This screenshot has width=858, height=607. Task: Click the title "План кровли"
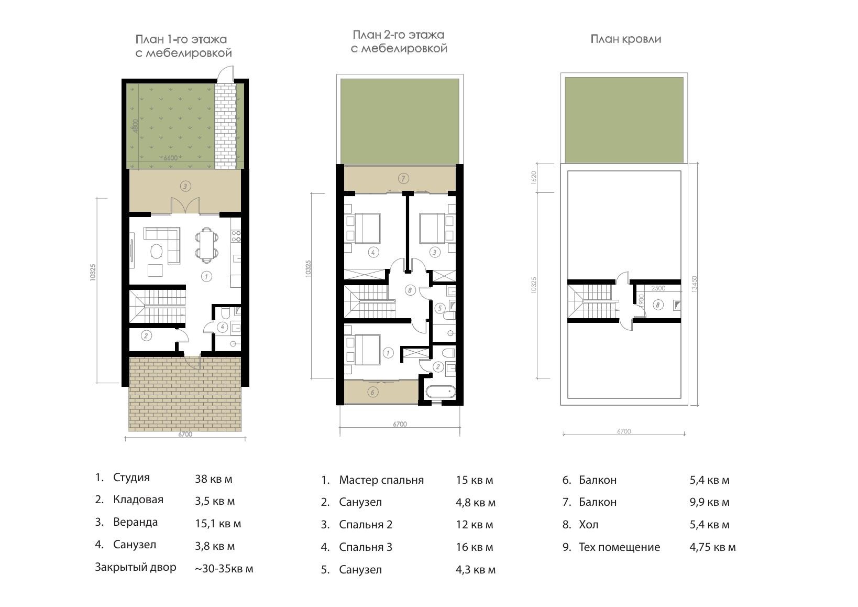(625, 39)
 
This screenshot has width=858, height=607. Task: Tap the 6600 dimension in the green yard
(170, 158)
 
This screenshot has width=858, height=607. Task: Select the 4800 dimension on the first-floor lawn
(135, 126)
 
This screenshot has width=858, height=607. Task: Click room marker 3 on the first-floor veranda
(185, 186)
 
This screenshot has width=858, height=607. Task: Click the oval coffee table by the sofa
(156, 252)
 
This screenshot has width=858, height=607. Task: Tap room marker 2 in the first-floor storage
(146, 335)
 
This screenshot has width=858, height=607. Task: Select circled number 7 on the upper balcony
(403, 178)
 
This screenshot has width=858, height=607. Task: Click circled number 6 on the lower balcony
(373, 392)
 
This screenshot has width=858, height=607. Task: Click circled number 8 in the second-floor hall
(410, 290)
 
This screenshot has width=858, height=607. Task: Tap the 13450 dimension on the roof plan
(695, 284)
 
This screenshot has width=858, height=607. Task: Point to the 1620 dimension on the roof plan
(534, 177)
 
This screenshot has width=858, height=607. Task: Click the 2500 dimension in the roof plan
(658, 288)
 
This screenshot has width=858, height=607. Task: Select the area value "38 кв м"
(213, 479)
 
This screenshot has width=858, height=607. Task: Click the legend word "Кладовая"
(138, 500)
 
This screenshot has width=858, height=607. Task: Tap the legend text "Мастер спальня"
(381, 481)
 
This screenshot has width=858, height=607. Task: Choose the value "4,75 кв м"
(712, 547)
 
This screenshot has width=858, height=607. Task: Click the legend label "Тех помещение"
(619, 547)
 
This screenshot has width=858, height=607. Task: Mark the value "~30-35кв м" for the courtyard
(224, 569)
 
